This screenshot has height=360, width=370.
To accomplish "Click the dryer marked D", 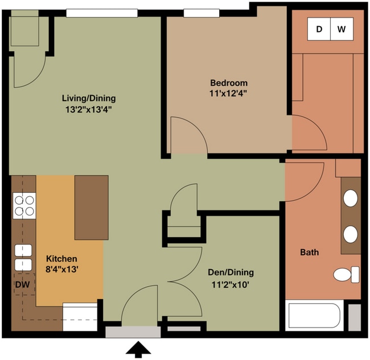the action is [x=319, y=29].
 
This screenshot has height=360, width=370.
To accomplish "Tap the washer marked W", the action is [x=342, y=29].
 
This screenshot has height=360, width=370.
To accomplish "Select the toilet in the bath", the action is [x=347, y=275].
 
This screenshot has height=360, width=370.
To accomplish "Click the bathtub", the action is [x=314, y=316].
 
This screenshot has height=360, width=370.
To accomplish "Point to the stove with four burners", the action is [x=24, y=205].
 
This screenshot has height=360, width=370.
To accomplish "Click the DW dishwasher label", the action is [x=22, y=284].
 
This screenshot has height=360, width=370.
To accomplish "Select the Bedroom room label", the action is [x=229, y=83].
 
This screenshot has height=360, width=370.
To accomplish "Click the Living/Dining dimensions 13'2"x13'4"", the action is [x=89, y=110].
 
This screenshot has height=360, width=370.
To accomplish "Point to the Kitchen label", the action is [x=61, y=259].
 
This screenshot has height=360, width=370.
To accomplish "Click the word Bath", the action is [x=309, y=253].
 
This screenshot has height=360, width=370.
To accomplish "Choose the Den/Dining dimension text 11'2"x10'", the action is [x=231, y=285].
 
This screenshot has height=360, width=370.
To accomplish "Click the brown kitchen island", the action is [x=92, y=208].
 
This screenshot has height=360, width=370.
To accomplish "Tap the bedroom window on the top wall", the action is [x=202, y=13].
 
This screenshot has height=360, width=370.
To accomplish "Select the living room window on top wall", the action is [x=102, y=13].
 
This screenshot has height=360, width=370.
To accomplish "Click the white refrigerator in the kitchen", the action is [x=80, y=317].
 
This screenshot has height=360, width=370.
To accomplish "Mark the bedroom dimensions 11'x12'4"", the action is [x=228, y=94].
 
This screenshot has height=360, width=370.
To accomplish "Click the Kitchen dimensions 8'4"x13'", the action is [x=62, y=269].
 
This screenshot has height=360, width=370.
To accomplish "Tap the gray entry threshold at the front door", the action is [x=133, y=332].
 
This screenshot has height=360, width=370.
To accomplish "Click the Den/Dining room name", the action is [x=231, y=272].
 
